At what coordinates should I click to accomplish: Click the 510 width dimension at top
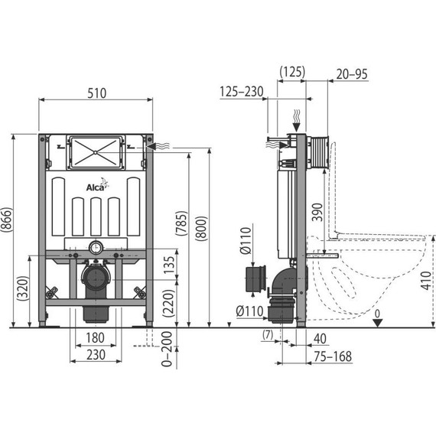tap(96, 93)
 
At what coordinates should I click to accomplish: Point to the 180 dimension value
tap(96, 338)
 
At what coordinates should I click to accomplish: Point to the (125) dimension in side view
tap(291, 72)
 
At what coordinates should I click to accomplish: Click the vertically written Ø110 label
tap(246, 241)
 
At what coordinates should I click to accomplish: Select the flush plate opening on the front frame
tap(96, 151)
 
